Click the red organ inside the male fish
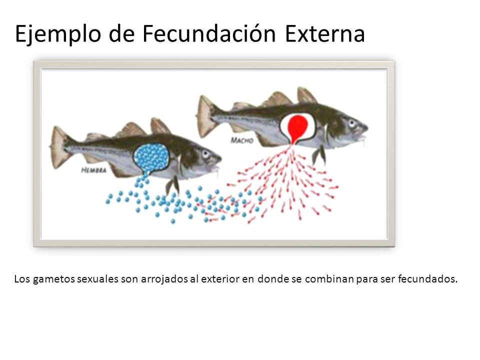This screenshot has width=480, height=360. coord(298,125)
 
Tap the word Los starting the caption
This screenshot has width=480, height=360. coord(22,278)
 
